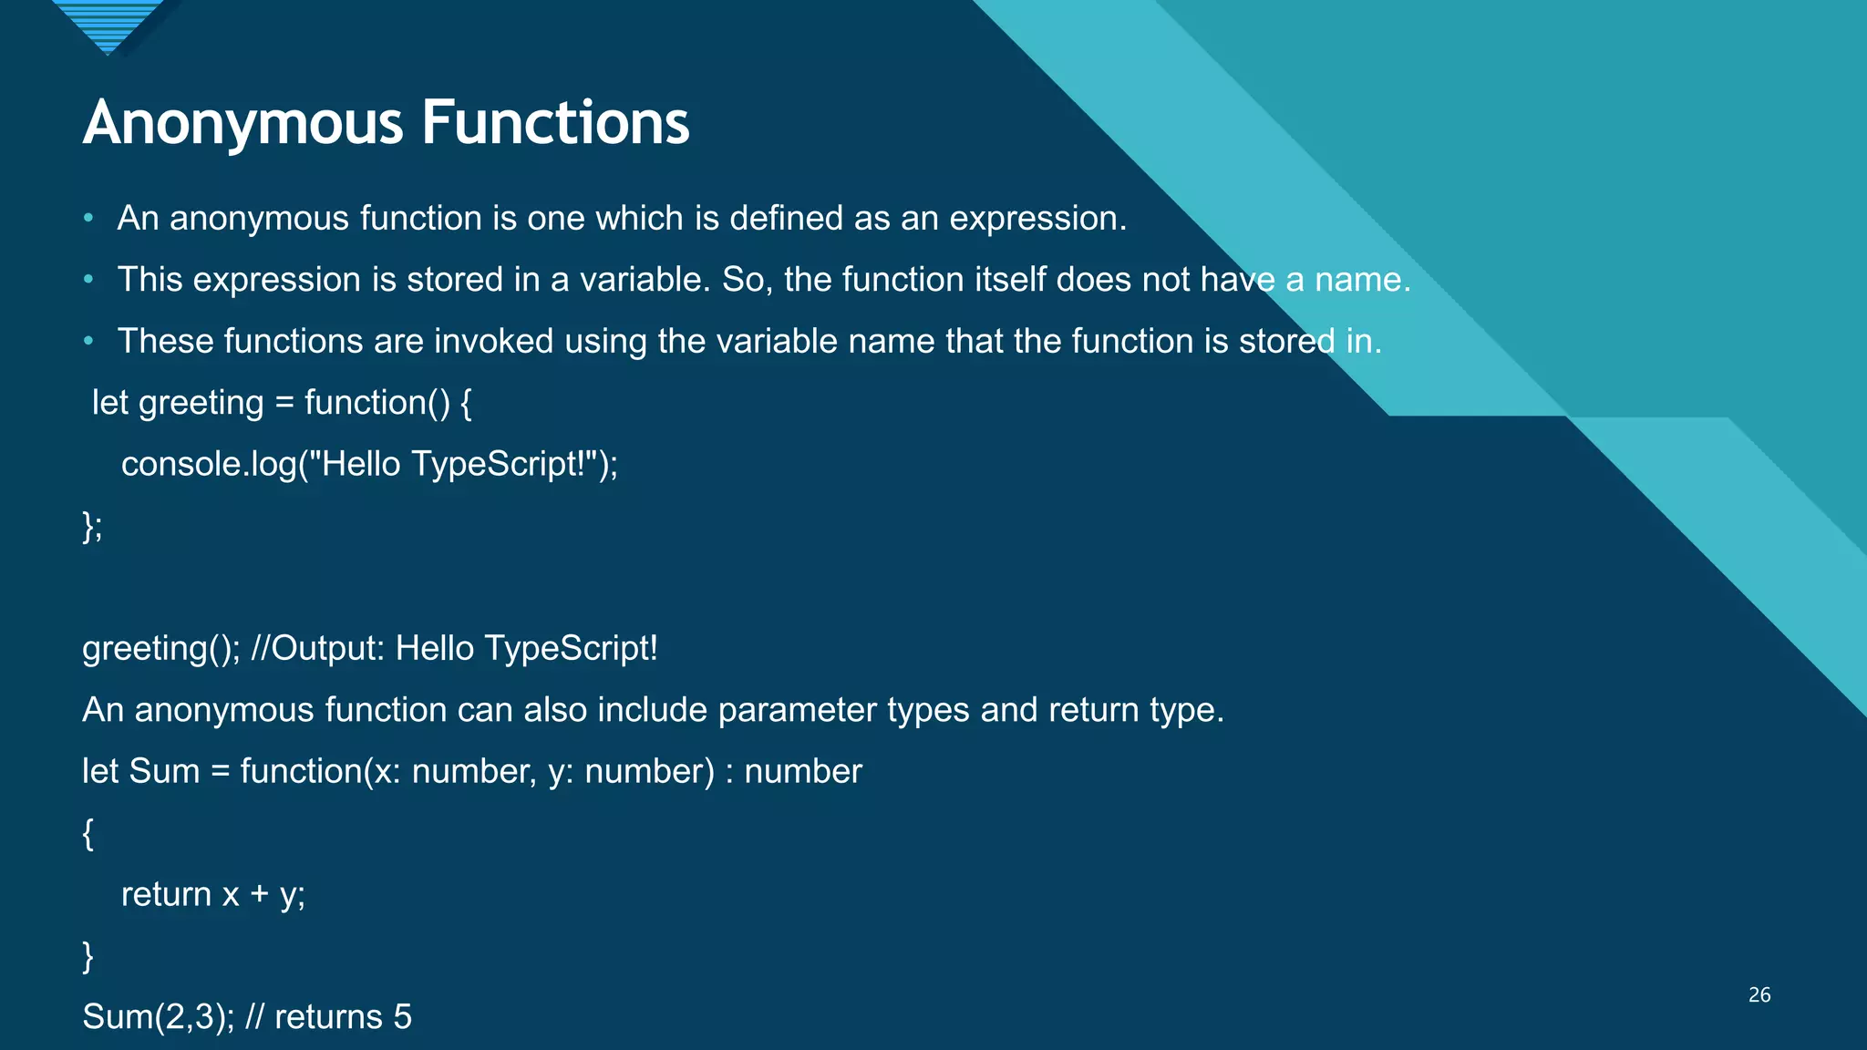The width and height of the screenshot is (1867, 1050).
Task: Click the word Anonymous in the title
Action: tap(242, 124)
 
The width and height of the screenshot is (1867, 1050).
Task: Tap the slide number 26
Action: tap(1759, 994)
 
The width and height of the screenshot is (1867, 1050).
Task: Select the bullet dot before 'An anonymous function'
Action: tap(88, 218)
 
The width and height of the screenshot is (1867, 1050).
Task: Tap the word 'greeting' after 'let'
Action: tap(201, 403)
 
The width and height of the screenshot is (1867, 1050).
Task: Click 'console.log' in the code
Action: tap(209, 465)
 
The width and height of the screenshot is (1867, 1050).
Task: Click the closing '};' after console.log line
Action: tap(92, 526)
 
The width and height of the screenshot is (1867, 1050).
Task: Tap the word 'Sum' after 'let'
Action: tap(164, 771)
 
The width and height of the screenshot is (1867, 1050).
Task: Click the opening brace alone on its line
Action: tap(88, 833)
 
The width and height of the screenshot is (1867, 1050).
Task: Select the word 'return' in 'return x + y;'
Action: tap(166, 894)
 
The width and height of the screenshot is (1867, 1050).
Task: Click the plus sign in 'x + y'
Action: tap(260, 894)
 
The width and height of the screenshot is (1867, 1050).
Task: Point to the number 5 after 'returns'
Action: tap(402, 1017)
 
